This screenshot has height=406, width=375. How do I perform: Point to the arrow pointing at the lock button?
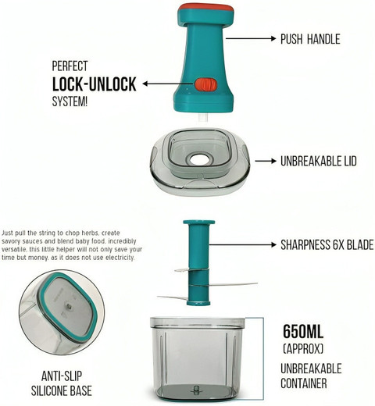(x=169, y=84)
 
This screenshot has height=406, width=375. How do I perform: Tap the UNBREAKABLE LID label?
(x=316, y=162)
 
